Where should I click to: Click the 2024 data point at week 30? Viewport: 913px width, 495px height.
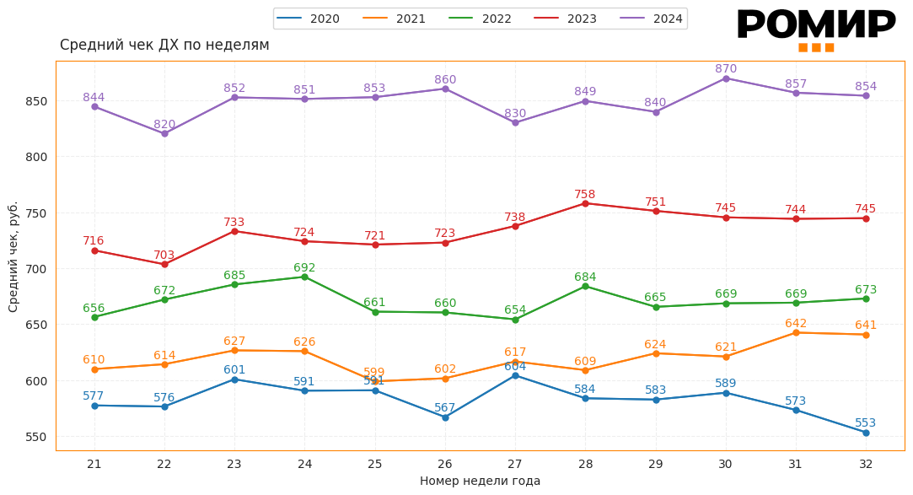coord(726,78)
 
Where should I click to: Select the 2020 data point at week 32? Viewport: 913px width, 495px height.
coord(866,433)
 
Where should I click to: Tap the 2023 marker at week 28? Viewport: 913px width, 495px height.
coord(585,203)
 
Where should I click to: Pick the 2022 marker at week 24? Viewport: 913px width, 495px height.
coord(304,277)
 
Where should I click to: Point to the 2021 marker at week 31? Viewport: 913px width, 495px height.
coord(796,332)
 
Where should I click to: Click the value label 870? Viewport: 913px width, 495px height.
coord(726,68)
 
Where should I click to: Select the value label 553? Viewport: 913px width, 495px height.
coord(866,422)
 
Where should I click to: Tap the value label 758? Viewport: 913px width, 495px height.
coord(585,194)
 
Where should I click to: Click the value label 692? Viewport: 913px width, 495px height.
coord(304,267)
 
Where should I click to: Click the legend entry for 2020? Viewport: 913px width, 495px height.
coord(309,19)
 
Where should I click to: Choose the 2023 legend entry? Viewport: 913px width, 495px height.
coord(566,19)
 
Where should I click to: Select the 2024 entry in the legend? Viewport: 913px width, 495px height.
coord(652,19)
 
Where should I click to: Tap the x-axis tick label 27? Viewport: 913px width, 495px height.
coord(515,464)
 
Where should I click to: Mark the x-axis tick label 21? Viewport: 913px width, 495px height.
coord(94,464)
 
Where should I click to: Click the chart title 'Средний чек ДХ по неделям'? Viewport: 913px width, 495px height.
coord(164,45)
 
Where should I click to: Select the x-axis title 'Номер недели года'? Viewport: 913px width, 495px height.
coord(480,481)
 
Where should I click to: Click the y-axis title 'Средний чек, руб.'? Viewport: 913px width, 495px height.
coord(13,256)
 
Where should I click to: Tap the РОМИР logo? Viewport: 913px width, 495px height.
coord(815,28)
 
